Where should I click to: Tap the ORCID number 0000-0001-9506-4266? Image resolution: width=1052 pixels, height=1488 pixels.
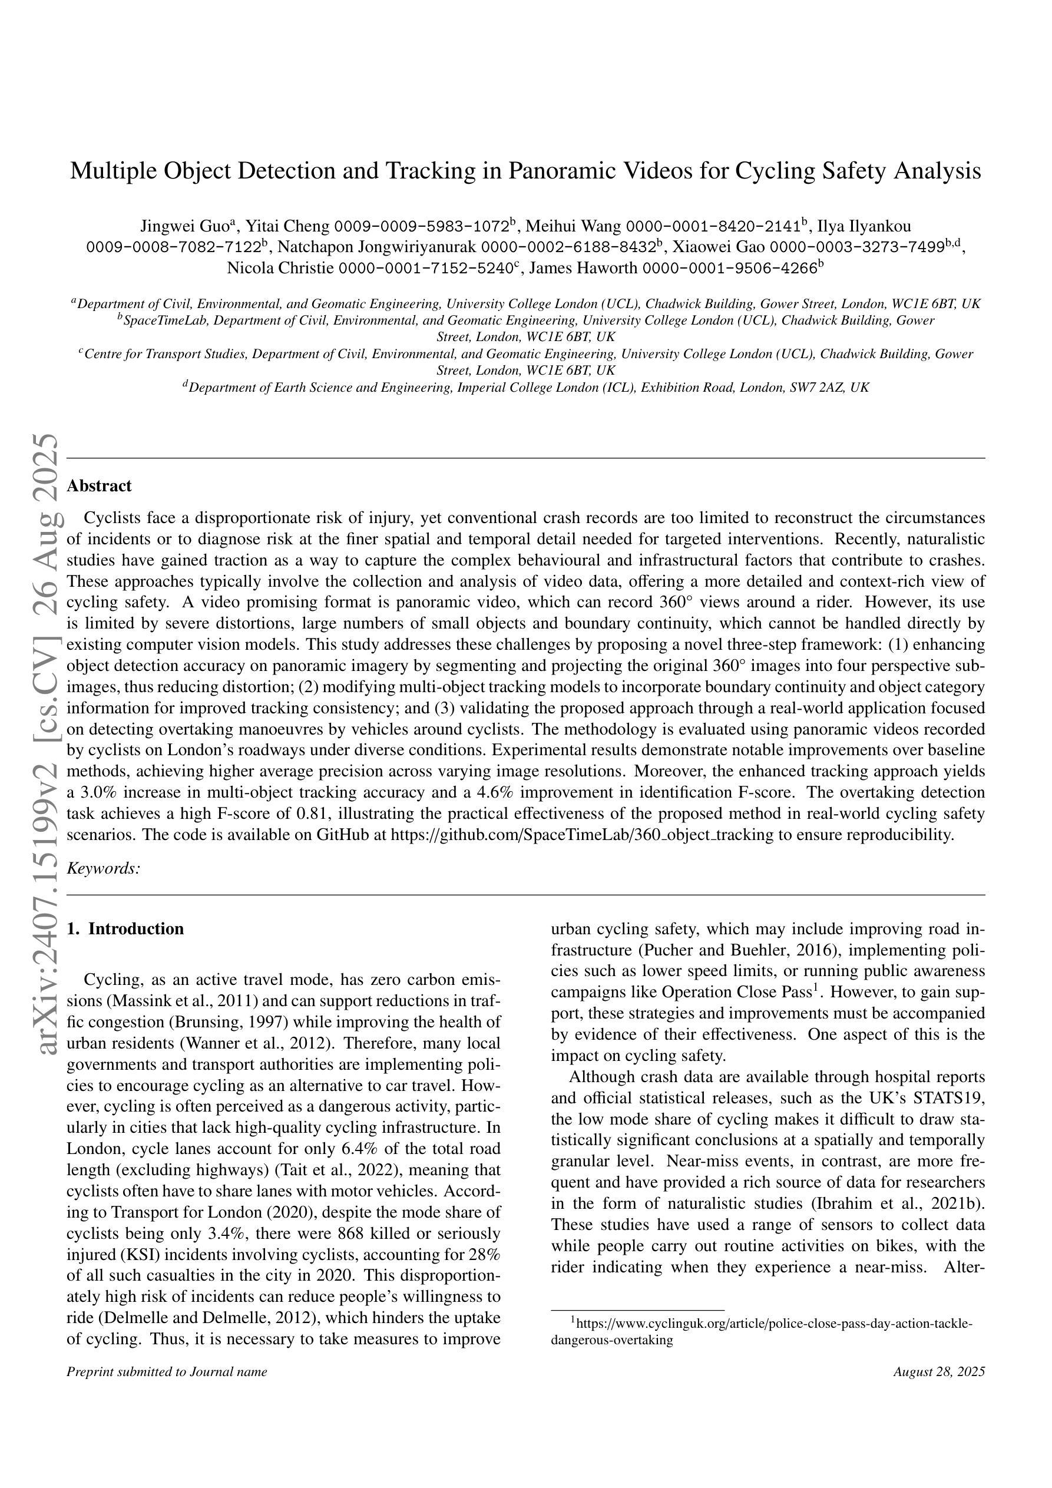click(729, 268)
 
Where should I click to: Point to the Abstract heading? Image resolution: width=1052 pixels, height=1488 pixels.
click(99, 485)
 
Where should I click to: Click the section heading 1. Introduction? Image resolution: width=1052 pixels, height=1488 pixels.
click(125, 929)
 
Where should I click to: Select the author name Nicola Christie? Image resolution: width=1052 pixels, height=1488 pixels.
click(280, 268)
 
